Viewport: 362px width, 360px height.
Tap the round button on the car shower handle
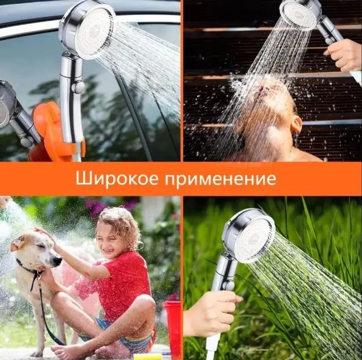click(78, 87)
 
